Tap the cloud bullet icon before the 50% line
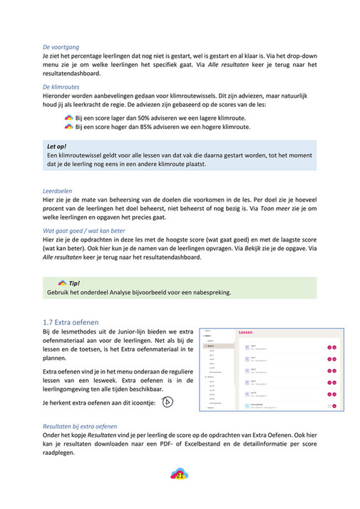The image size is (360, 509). click(x=68, y=116)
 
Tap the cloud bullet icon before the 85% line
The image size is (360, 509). click(x=68, y=126)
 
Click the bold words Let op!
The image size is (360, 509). click(x=56, y=146)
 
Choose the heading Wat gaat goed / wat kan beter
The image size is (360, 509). click(x=83, y=231)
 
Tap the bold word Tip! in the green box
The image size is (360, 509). click(x=75, y=283)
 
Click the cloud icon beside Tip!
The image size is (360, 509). click(x=62, y=283)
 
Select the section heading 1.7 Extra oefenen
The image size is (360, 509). click(x=71, y=322)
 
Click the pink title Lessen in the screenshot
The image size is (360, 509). click(x=245, y=332)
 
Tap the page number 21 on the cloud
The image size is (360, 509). click(x=180, y=476)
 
